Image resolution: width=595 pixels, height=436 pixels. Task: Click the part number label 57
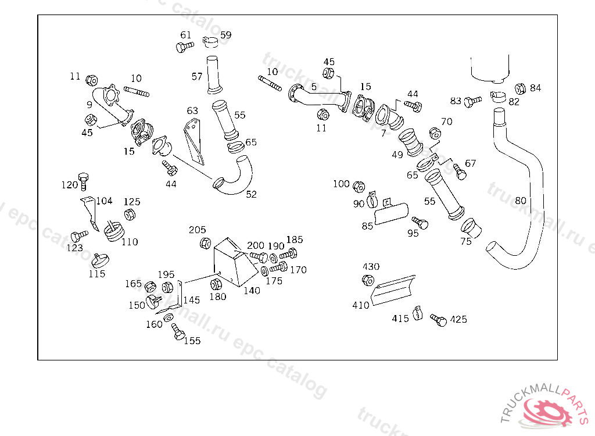pyautogui.click(x=197, y=77)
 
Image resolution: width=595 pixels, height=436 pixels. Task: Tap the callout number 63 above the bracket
pyautogui.click(x=192, y=110)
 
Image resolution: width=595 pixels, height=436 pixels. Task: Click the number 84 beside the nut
pyautogui.click(x=535, y=88)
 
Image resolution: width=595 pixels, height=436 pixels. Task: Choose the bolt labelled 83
pyautogui.click(x=473, y=101)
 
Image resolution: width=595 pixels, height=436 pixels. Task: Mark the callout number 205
pyautogui.click(x=198, y=230)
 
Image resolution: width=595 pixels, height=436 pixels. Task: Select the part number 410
pyautogui.click(x=360, y=305)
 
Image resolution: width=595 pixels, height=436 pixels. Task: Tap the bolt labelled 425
pyautogui.click(x=438, y=320)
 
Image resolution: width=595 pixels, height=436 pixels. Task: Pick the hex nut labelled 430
pyautogui.click(x=368, y=280)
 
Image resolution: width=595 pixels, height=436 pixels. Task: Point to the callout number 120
pyautogui.click(x=70, y=185)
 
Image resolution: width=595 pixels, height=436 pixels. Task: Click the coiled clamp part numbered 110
pyautogui.click(x=114, y=231)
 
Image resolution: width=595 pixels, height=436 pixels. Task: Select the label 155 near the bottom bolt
pyautogui.click(x=192, y=341)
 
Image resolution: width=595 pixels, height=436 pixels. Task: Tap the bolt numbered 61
pyautogui.click(x=185, y=47)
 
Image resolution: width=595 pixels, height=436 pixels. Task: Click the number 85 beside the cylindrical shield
pyautogui.click(x=367, y=226)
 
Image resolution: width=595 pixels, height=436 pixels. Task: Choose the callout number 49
pyautogui.click(x=397, y=155)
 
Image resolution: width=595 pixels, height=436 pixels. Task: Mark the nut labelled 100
pyautogui.click(x=359, y=187)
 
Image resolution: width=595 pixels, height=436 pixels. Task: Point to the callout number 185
pyautogui.click(x=295, y=240)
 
